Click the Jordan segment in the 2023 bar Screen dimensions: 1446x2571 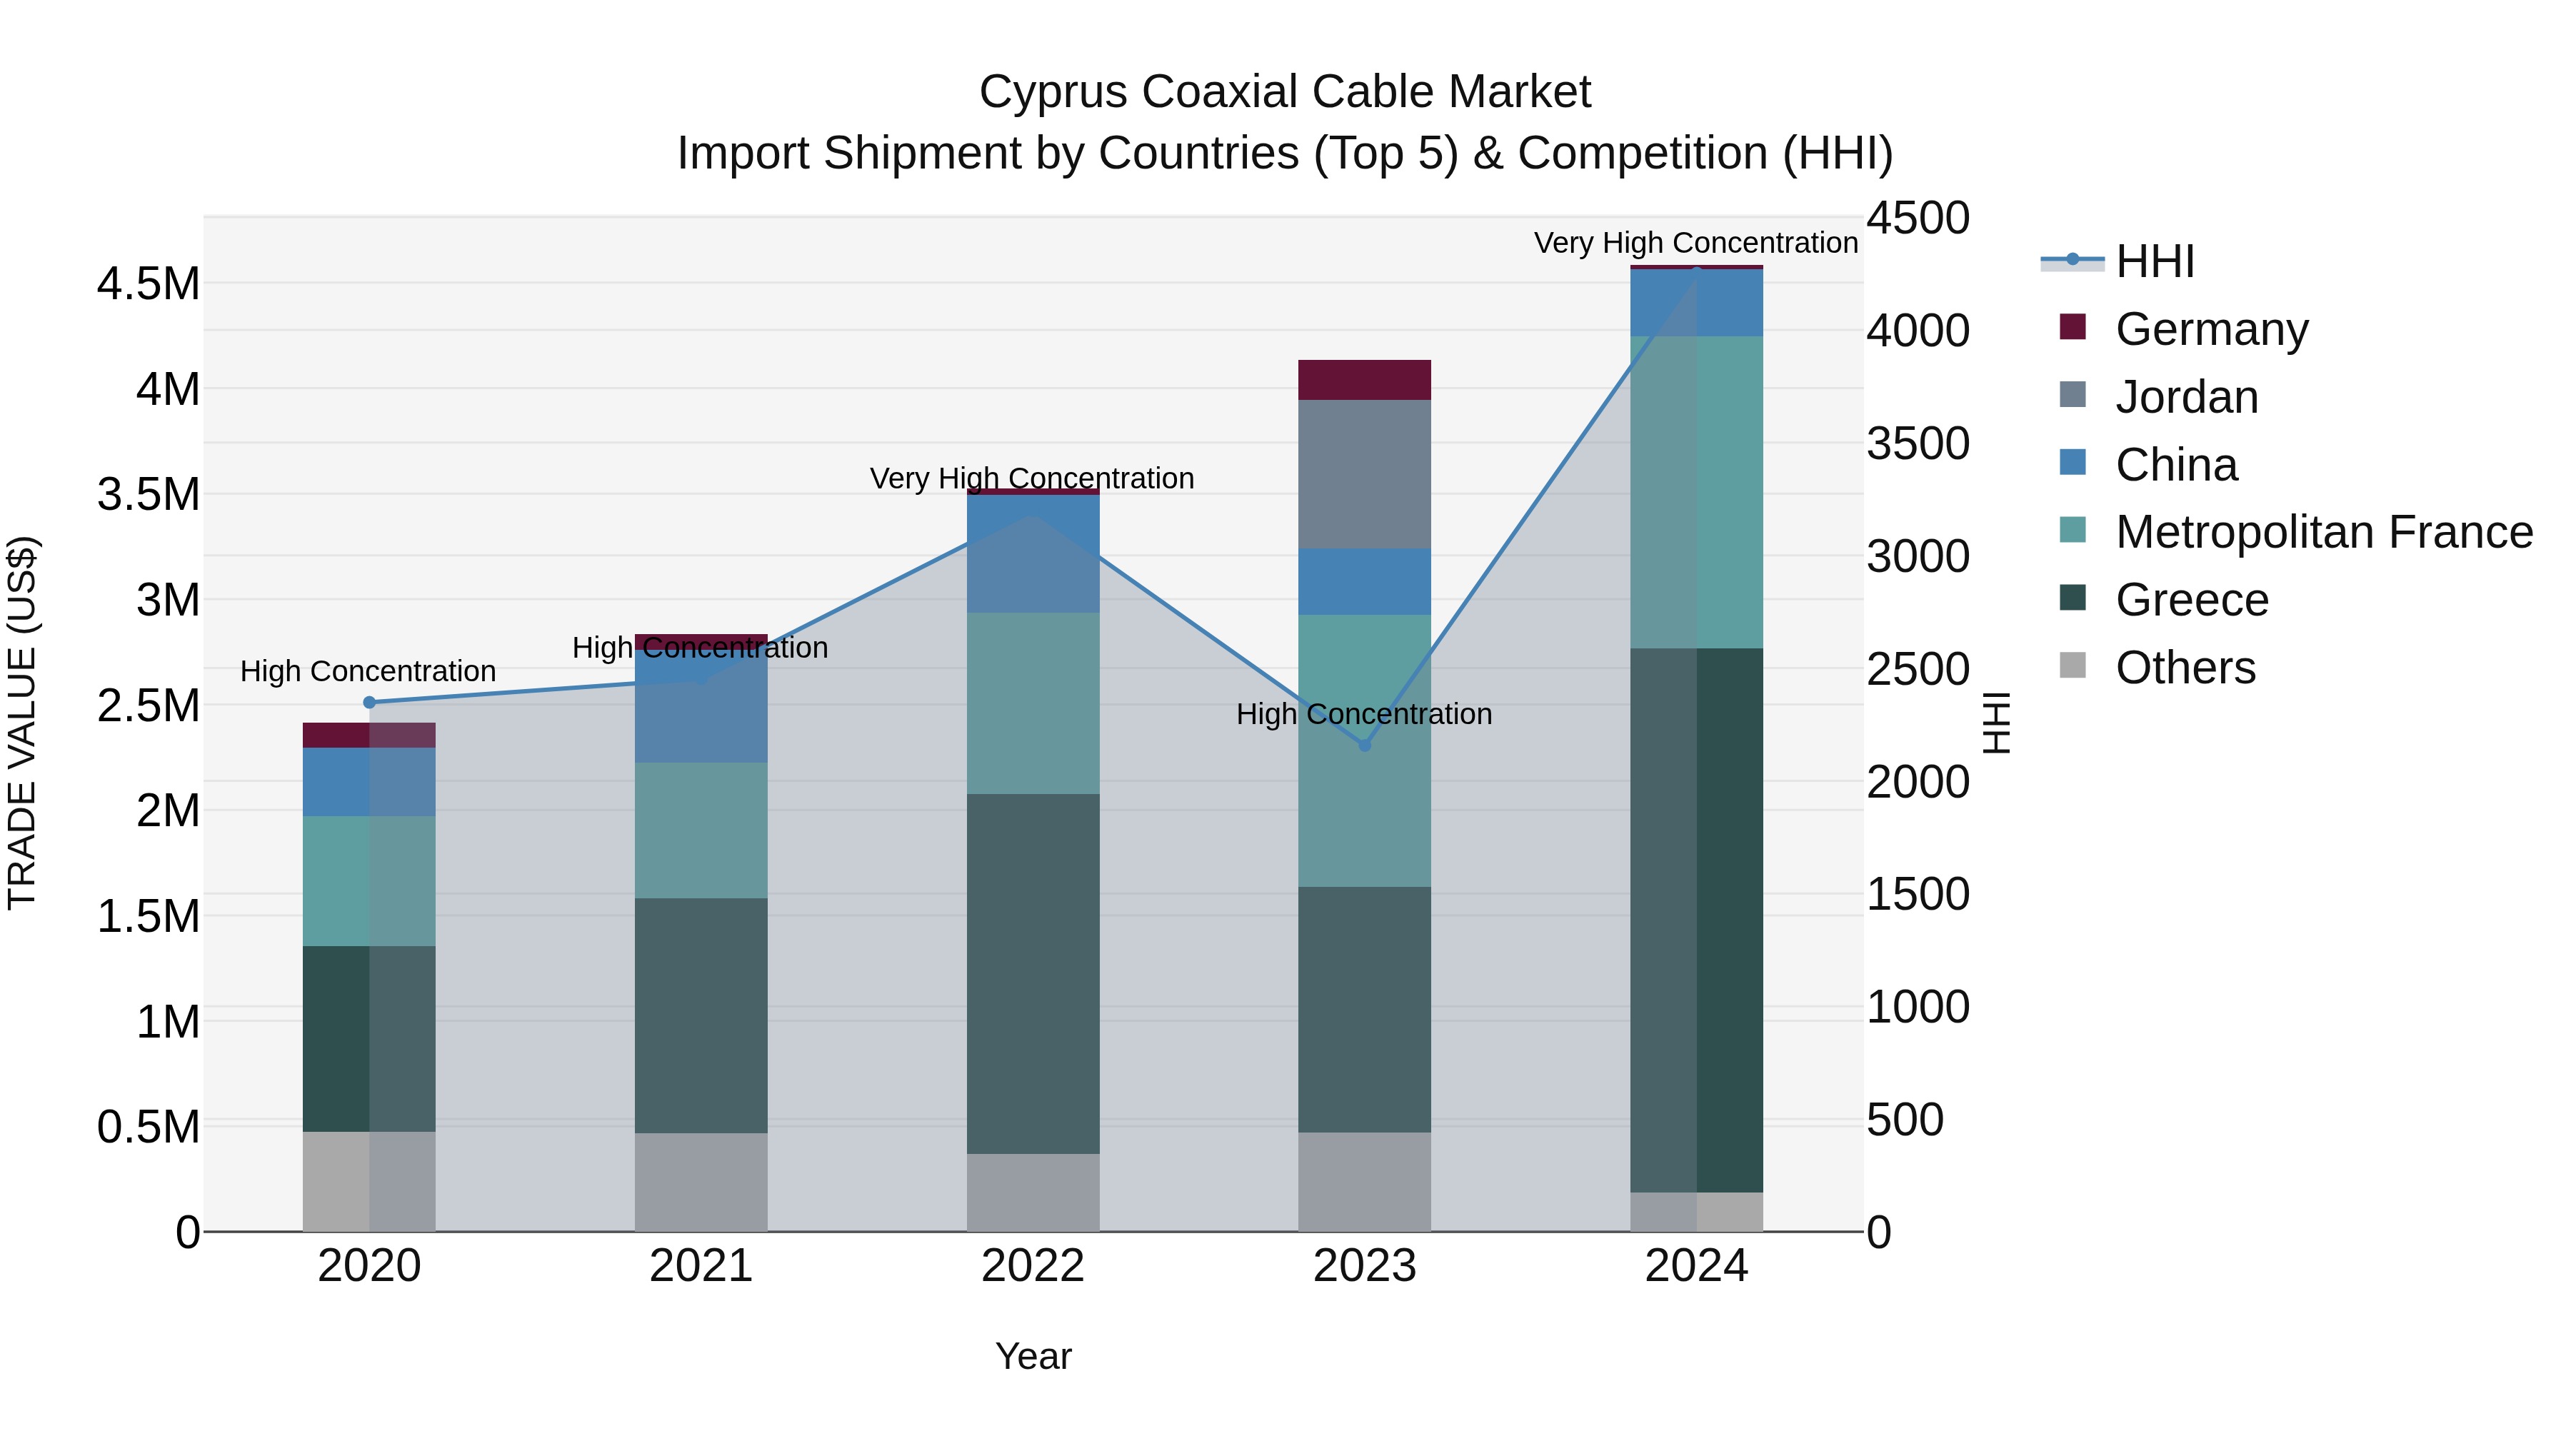1364,474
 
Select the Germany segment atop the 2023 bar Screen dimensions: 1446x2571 1364,380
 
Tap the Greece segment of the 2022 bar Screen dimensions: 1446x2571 1033,973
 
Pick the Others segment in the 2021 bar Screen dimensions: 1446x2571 701,1182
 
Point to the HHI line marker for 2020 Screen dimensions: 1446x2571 369,703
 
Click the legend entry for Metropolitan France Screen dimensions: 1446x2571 2323,532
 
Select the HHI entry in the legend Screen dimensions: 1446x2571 2154,261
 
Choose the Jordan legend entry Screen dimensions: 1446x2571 2186,397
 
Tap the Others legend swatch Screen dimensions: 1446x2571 2073,666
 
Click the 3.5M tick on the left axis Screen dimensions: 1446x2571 149,495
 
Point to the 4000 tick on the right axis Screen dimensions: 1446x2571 1918,331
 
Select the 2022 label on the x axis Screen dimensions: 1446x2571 1033,1266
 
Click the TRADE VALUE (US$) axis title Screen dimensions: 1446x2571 23,723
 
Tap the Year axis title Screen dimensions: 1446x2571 1033,1356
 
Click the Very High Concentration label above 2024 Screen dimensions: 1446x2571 1695,243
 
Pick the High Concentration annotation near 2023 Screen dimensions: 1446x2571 1364,715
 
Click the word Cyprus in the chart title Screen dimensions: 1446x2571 1053,92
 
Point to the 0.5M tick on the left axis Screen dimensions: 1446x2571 149,1128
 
